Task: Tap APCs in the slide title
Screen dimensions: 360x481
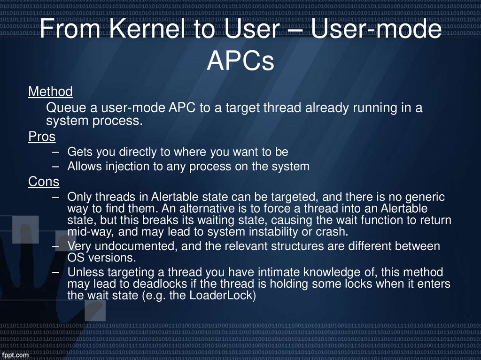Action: click(240, 61)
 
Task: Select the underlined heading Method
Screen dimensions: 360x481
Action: click(50, 91)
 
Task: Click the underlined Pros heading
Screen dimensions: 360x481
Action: click(42, 137)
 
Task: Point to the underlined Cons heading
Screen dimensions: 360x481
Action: click(44, 181)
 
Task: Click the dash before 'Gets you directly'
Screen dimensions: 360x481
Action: click(56, 152)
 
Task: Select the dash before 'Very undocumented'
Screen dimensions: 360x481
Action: click(56, 246)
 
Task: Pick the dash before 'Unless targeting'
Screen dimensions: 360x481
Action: click(56, 272)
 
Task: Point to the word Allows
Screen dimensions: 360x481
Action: click(84, 166)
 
